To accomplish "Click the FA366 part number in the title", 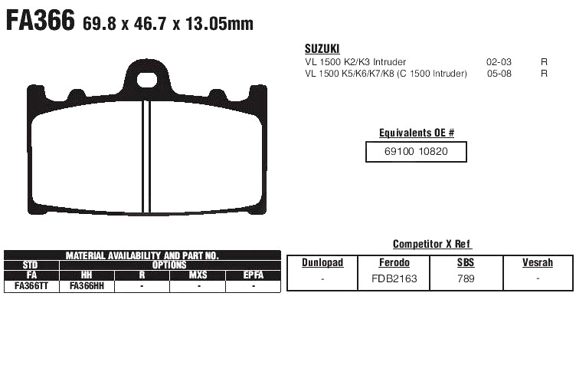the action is (x=41, y=20).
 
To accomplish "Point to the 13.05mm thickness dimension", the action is (x=219, y=24).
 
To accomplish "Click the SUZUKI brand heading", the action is (x=322, y=48).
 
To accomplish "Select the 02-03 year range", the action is (x=499, y=62).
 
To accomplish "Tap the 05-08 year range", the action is (x=499, y=73).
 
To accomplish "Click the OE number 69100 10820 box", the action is (x=416, y=152).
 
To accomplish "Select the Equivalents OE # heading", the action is (x=417, y=133).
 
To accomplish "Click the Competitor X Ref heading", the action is (x=432, y=244).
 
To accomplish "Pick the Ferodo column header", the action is (x=394, y=263).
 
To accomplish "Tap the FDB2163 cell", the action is (x=394, y=278).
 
